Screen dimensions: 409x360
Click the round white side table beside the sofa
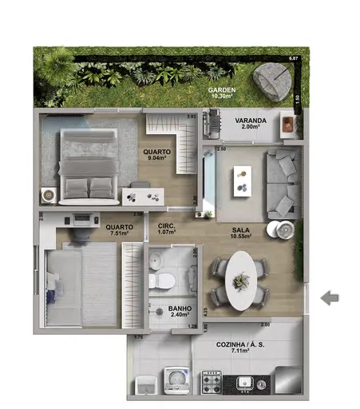tap(284, 228)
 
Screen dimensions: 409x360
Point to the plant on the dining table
tap(240, 280)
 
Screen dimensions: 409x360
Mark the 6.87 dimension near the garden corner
tap(294, 59)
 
